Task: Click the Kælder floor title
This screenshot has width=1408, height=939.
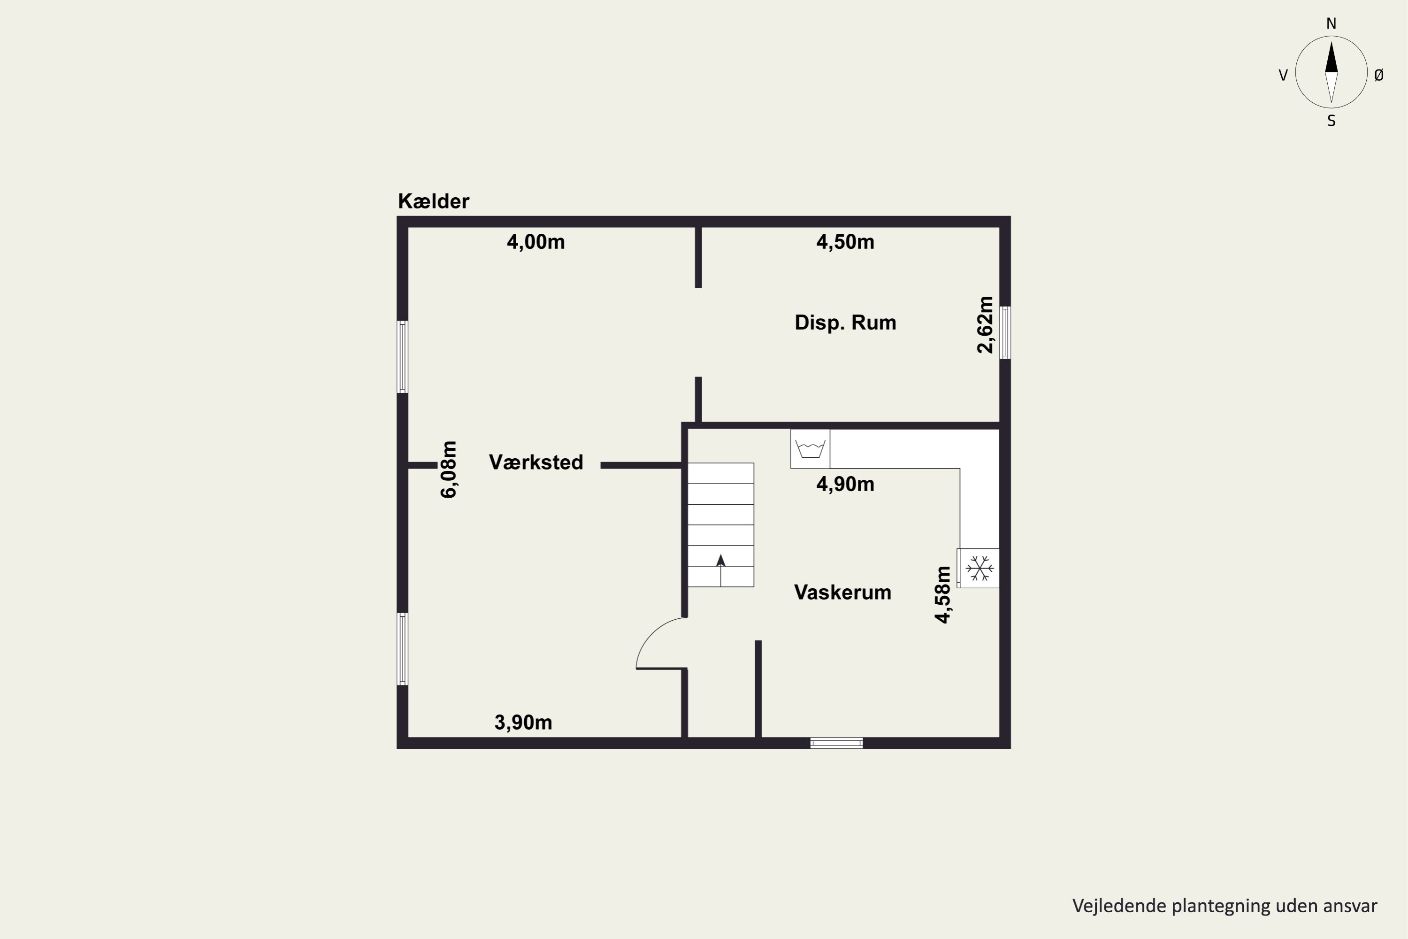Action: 433,201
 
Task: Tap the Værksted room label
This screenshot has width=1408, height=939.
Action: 536,462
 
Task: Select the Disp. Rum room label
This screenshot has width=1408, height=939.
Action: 845,323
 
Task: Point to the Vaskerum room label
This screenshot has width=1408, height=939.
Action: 843,592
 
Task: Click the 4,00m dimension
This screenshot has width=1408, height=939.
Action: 536,242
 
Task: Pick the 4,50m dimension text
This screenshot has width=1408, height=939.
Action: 845,242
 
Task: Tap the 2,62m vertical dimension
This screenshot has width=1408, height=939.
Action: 985,324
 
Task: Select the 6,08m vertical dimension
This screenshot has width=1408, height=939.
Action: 448,469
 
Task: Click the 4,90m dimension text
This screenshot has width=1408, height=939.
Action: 845,484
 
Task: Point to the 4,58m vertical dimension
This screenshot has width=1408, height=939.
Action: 943,595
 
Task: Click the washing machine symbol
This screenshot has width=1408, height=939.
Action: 810,448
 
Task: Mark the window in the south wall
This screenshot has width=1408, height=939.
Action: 836,743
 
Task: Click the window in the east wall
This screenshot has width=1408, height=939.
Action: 1006,332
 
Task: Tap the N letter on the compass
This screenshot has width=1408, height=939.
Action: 1331,23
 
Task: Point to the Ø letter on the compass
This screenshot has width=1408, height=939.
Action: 1379,75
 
